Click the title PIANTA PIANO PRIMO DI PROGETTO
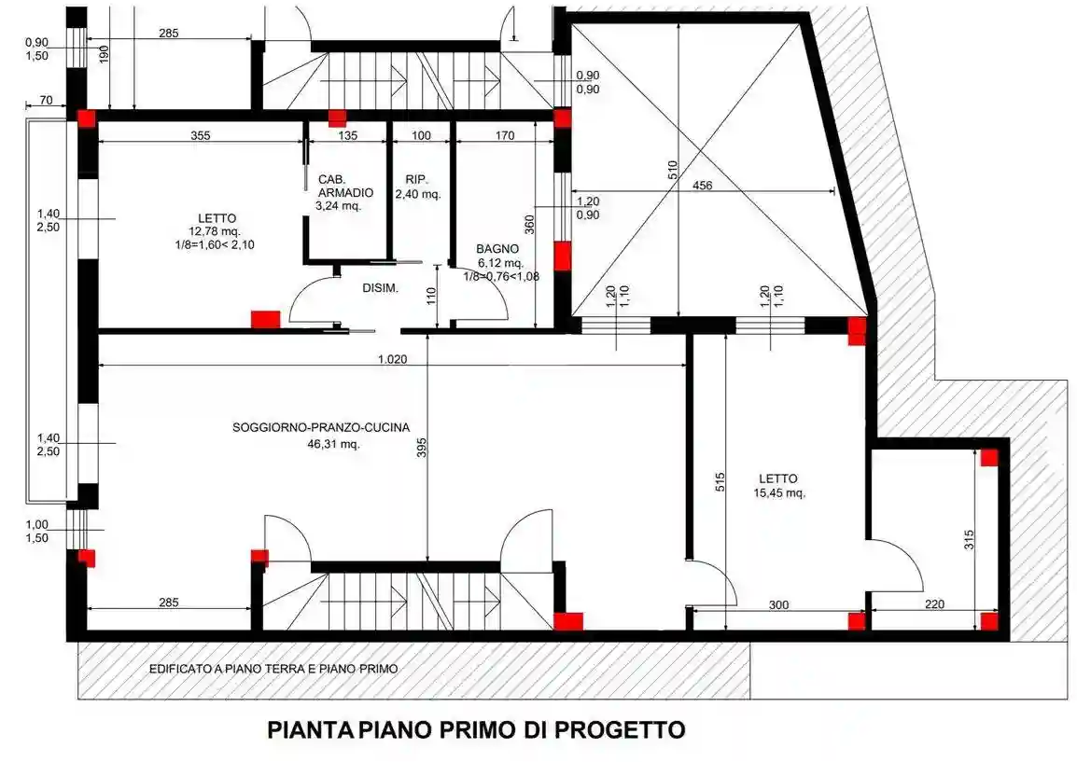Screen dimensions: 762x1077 point(476,728)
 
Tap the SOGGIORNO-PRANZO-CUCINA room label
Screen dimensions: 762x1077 point(321,428)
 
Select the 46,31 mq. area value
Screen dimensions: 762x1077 point(333,444)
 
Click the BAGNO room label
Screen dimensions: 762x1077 point(492,249)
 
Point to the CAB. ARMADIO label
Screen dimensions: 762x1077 point(344,186)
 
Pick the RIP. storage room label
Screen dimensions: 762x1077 point(416,179)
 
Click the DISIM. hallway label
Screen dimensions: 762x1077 point(381,288)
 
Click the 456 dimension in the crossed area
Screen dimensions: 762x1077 point(702,186)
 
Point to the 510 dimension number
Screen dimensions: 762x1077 point(673,170)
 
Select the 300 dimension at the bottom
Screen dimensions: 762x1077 point(778,604)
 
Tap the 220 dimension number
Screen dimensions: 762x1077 point(934,604)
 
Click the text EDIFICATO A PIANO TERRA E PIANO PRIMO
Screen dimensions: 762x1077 point(273,669)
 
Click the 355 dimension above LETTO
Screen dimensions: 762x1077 point(200,135)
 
